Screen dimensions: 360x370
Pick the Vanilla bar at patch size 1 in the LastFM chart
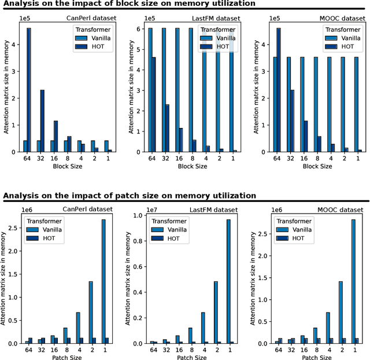pos(228,281)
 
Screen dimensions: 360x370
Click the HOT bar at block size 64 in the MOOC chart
pos(279,90)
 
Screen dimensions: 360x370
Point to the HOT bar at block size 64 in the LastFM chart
pos(154,104)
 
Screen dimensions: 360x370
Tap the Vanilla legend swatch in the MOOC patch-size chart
pos(282,229)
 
